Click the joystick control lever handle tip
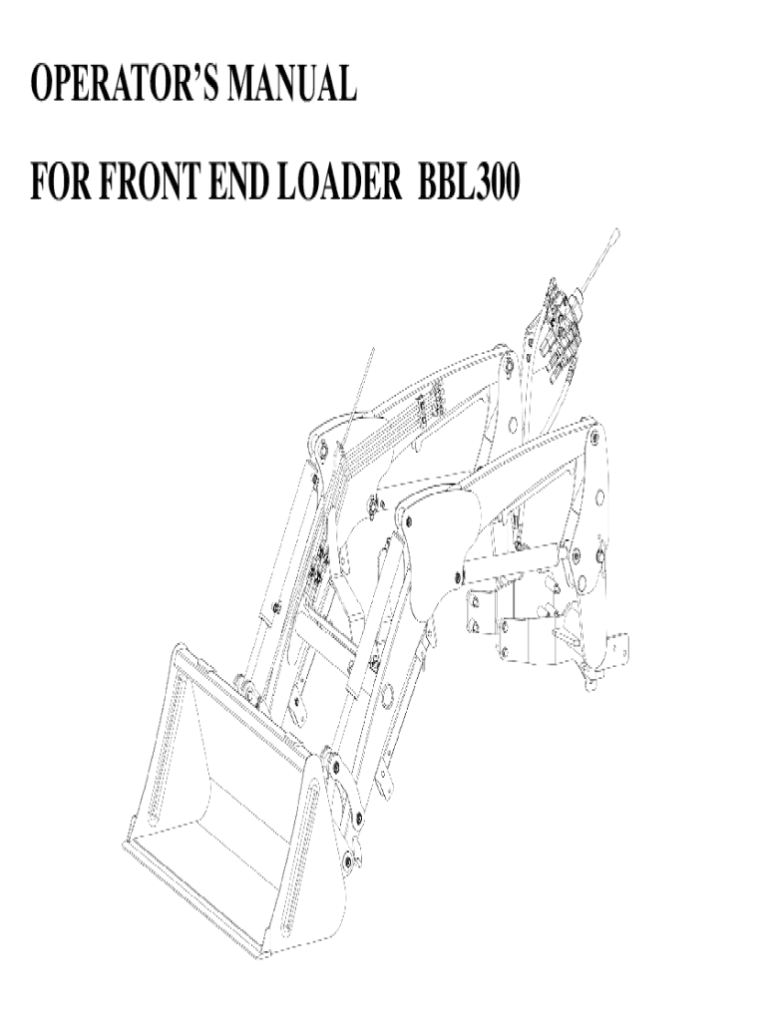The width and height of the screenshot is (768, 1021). (616, 235)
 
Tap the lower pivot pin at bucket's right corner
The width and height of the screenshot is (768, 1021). (348, 859)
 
